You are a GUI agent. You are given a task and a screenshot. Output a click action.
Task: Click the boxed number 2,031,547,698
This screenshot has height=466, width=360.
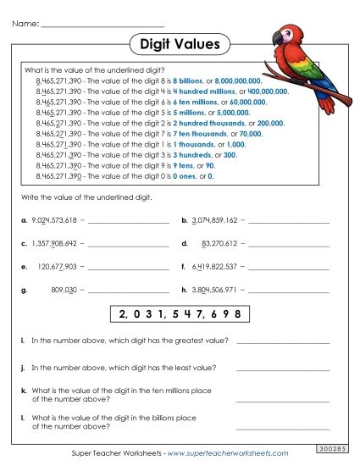[x=180, y=314]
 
